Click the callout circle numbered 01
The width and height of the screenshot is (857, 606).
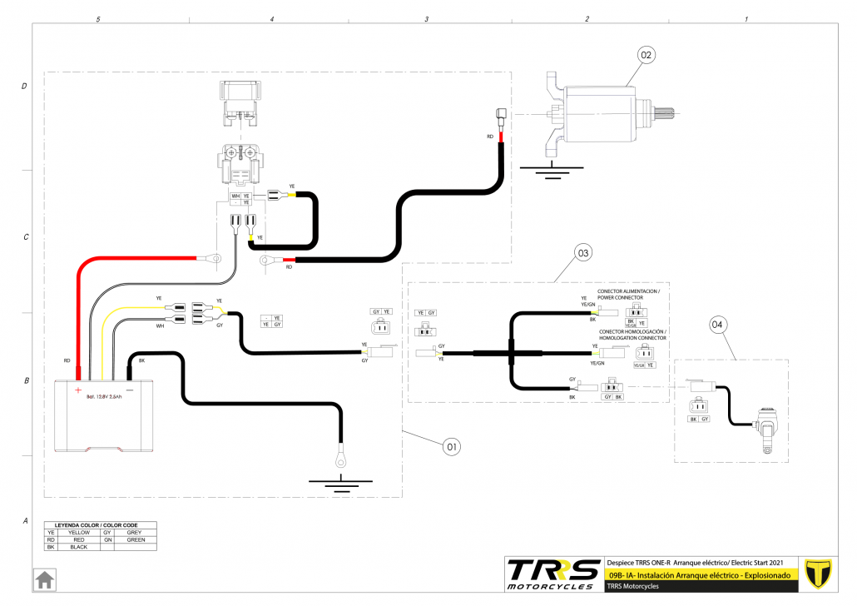coord(451,447)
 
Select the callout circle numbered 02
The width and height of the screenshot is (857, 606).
coord(646,55)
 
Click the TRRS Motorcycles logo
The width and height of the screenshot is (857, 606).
coord(553,574)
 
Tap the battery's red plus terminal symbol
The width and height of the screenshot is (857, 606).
coord(77,389)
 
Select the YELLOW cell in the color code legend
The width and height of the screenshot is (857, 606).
coord(78,533)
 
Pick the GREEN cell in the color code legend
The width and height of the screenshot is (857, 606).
coord(135,539)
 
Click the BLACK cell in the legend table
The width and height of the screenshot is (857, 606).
coord(78,547)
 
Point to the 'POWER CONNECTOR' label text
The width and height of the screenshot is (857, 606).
coord(622,297)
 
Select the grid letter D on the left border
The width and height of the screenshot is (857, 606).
coord(25,87)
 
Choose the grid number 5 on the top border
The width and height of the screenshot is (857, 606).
coord(98,18)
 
